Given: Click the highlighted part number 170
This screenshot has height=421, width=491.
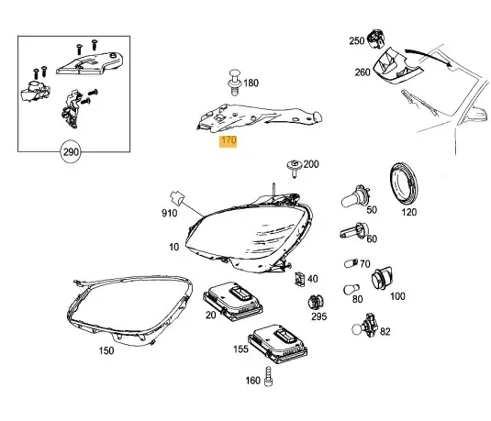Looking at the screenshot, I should point(227,143).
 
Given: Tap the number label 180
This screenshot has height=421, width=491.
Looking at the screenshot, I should point(250,83).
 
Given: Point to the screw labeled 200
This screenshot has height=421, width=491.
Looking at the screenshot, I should point(293,168).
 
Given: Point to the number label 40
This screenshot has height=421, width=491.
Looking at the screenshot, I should point(313,279).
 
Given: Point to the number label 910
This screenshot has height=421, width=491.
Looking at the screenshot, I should point(170,213).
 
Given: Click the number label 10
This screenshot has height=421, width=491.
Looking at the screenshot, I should point(174,248).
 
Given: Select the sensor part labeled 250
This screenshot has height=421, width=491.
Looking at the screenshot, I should point(374,39).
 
